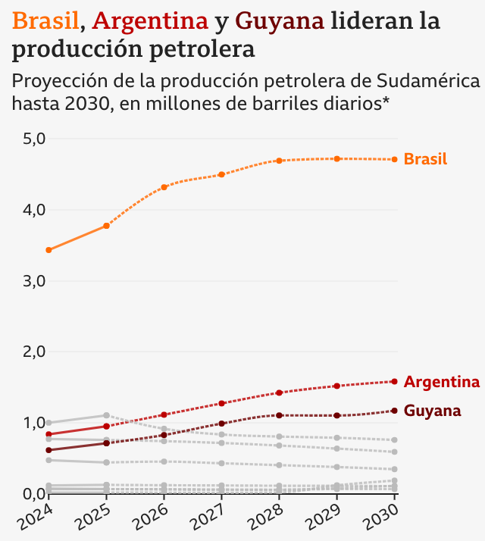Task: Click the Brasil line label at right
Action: point(425,159)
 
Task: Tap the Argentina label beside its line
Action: point(441,382)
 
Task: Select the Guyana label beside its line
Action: point(432,411)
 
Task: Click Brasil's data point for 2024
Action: point(48,250)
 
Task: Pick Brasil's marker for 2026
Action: point(164,187)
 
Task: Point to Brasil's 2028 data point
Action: point(280,161)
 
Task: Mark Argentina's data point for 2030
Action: point(395,381)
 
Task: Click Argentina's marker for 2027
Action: point(222,403)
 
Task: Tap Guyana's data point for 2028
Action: point(280,415)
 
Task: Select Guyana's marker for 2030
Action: point(395,411)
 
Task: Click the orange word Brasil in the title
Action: point(45,21)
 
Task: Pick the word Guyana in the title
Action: point(280,21)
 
